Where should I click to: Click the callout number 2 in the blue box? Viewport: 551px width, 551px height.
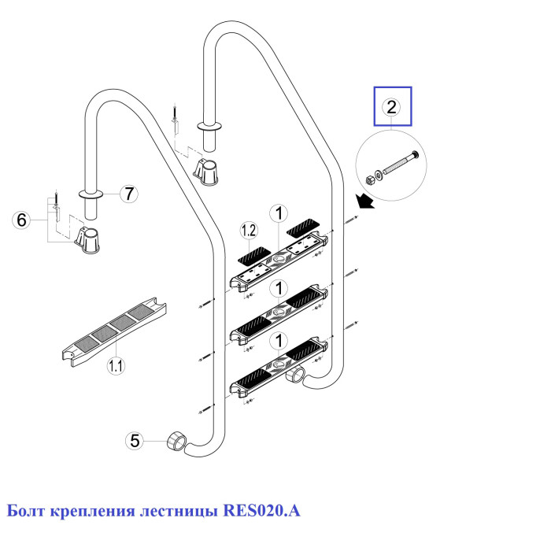(392, 108)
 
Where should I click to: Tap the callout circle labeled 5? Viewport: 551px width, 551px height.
(135, 442)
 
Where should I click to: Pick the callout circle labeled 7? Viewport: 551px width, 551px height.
(131, 191)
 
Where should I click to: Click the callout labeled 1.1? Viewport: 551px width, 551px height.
(116, 365)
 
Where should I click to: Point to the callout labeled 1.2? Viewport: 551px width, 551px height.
(249, 231)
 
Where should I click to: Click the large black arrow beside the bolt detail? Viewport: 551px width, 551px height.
(364, 203)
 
